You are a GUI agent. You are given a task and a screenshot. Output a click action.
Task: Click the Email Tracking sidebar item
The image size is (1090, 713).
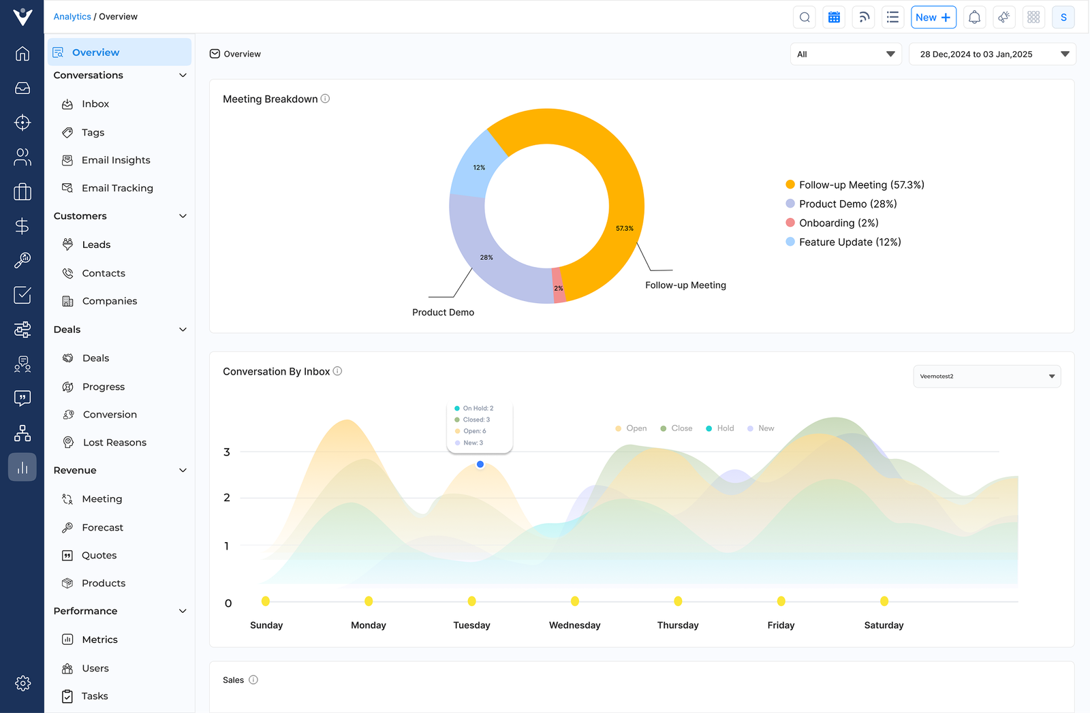coord(116,188)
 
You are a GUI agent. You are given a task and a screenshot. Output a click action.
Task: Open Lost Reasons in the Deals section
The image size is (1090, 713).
coord(114,443)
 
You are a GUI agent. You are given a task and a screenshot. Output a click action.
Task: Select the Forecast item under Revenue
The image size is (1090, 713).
coord(102,528)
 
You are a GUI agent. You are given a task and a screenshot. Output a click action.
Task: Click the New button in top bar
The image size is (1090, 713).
coord(933,18)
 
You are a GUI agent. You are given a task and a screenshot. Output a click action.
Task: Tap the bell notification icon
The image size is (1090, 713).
coord(974,18)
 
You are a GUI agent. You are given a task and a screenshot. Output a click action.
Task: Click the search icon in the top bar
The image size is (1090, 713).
coord(805,18)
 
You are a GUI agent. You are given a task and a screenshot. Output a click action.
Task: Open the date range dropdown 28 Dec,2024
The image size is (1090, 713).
coord(992,54)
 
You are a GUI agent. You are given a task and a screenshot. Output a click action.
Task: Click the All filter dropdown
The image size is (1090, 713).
coord(845,54)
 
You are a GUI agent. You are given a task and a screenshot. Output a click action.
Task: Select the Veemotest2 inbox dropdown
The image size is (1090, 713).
coord(986,377)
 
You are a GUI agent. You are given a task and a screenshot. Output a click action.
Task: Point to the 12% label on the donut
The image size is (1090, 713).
coord(480,168)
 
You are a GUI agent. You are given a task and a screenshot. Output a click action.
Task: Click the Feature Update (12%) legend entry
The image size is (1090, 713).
coord(849,242)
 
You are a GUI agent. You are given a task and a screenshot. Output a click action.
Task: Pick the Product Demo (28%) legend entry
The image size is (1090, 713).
coord(847,204)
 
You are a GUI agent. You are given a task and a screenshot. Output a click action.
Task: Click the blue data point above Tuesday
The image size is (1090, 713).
coord(480,464)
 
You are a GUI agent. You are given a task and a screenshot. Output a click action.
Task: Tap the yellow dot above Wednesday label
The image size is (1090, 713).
coord(575,601)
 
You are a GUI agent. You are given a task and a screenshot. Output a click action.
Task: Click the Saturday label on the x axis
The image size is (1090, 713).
coord(884,625)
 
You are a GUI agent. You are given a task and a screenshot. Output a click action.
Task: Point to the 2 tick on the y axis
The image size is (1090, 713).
coord(227,498)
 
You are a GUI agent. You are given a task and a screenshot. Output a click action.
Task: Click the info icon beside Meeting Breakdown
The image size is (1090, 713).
coord(326,99)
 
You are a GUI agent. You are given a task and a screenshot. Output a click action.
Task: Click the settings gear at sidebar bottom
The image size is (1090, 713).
coord(22,683)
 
